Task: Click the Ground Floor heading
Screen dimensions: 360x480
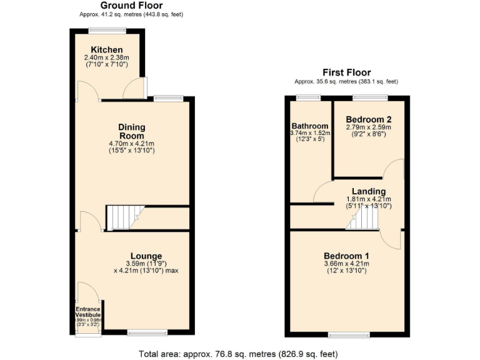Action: pyautogui.click(x=131, y=5)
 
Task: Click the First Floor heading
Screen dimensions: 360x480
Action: pyautogui.click(x=346, y=72)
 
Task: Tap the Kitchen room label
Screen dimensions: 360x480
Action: pyautogui.click(x=106, y=50)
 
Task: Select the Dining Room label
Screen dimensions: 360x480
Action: pyautogui.click(x=131, y=131)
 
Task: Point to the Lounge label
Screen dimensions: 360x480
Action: pyautogui.click(x=147, y=256)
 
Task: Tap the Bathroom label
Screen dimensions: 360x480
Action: pyautogui.click(x=309, y=126)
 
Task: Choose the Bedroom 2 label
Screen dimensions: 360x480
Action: pyautogui.click(x=369, y=119)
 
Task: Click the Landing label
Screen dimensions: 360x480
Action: pyautogui.click(x=368, y=191)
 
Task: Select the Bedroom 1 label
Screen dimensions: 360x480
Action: pyautogui.click(x=346, y=256)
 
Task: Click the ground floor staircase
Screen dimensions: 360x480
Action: pyautogui.click(x=122, y=218)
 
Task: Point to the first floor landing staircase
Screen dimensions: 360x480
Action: pyautogui.click(x=362, y=219)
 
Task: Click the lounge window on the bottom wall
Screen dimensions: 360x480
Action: pyautogui.click(x=147, y=332)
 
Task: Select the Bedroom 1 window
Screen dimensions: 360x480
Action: pyautogui.click(x=349, y=335)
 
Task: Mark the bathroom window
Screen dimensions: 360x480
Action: pyautogui.click(x=308, y=97)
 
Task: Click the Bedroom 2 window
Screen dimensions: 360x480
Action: pyautogui.click(x=369, y=97)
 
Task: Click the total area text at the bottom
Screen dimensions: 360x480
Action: pyautogui.click(x=238, y=353)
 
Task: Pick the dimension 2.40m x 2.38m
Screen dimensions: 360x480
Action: pyautogui.click(x=106, y=58)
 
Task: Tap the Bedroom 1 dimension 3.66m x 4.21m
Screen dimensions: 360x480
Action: pyautogui.click(x=346, y=264)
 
